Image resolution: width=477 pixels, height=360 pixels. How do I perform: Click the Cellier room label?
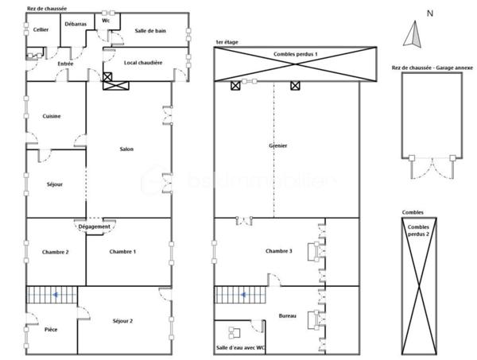[x=40, y=29]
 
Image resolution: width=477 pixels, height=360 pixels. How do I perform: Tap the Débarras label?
[x=76, y=25]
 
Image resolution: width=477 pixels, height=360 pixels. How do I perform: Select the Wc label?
[x=106, y=21]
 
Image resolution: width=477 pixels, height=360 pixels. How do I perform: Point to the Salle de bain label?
[x=150, y=29]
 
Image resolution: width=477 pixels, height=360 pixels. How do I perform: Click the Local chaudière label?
[x=143, y=62]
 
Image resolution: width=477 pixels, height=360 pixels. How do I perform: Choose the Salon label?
[x=126, y=149]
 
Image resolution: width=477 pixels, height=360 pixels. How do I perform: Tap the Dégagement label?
[x=95, y=226]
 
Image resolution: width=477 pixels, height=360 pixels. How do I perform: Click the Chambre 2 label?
[x=56, y=252]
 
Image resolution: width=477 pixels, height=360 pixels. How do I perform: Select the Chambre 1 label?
[x=122, y=252]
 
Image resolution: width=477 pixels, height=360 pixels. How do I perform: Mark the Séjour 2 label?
[x=122, y=320]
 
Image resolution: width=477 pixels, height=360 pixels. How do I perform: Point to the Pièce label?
[x=52, y=327]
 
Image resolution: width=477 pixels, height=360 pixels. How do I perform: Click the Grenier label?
[x=278, y=145]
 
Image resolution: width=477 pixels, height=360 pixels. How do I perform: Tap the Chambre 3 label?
[x=279, y=252]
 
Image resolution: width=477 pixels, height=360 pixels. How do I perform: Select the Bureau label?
[x=288, y=316]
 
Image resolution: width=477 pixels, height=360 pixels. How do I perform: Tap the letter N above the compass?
[x=429, y=14]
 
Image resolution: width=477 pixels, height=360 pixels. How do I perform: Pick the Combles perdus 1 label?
[x=296, y=53]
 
